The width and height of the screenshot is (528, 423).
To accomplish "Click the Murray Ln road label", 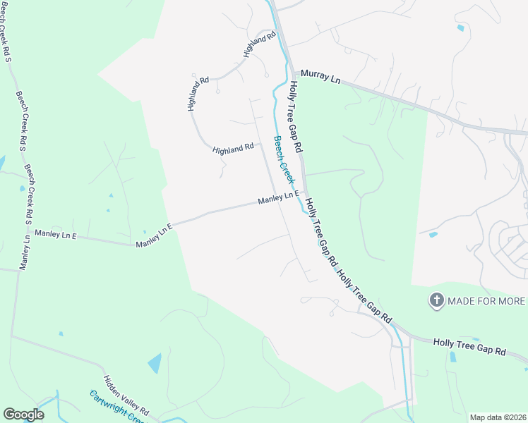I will click(320, 76).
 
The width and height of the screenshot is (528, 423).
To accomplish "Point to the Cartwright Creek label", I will click(117, 408).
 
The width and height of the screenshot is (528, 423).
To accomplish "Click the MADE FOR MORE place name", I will click(487, 301).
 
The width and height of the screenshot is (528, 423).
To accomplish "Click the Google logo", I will click(24, 415).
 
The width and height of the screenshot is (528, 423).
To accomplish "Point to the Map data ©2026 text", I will click(498, 417).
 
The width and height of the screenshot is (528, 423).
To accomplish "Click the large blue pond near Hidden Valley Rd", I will click(155, 363).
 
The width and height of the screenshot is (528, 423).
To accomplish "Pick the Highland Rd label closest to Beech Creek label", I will click(233, 148).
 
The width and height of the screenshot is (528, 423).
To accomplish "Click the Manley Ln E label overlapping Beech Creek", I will click(279, 199).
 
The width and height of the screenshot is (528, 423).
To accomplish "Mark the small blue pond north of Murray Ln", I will click(461, 28).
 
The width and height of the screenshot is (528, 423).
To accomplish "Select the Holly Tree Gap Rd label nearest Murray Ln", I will click(296, 117).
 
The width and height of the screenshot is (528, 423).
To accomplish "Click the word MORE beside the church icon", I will click(510, 301).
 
